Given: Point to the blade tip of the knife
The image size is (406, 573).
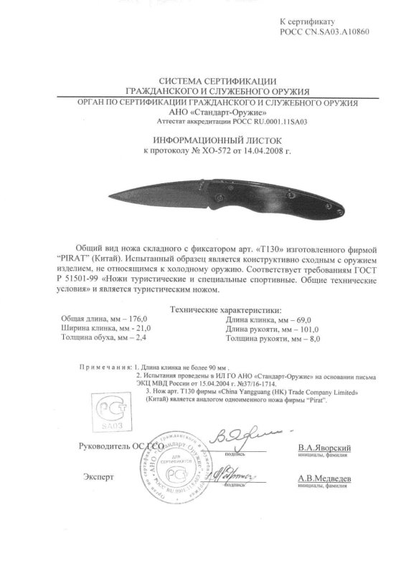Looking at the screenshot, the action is tap(113, 196).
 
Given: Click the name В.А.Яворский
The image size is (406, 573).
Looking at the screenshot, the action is tap(321, 446).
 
